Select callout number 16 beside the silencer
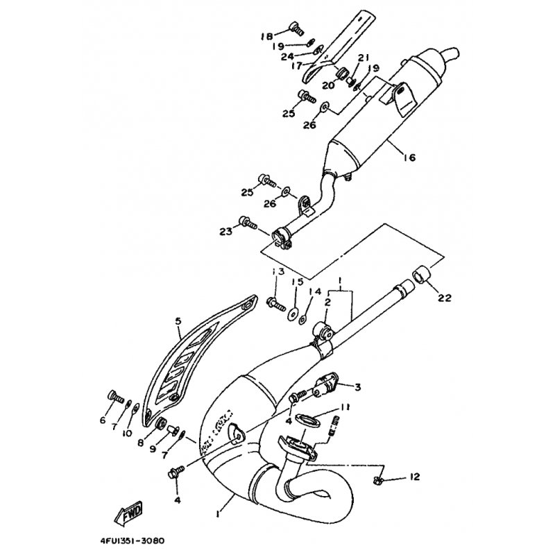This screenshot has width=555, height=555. click(x=408, y=158)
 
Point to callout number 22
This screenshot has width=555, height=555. click(x=445, y=298)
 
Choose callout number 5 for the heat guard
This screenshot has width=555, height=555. click(x=178, y=322)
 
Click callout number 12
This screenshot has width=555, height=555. click(x=414, y=477)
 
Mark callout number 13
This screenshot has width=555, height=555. click(x=277, y=271)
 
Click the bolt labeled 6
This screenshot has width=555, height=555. click(x=114, y=397)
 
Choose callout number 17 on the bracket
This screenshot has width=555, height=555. click(x=296, y=66)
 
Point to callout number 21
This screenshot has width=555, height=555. click(x=362, y=57)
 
